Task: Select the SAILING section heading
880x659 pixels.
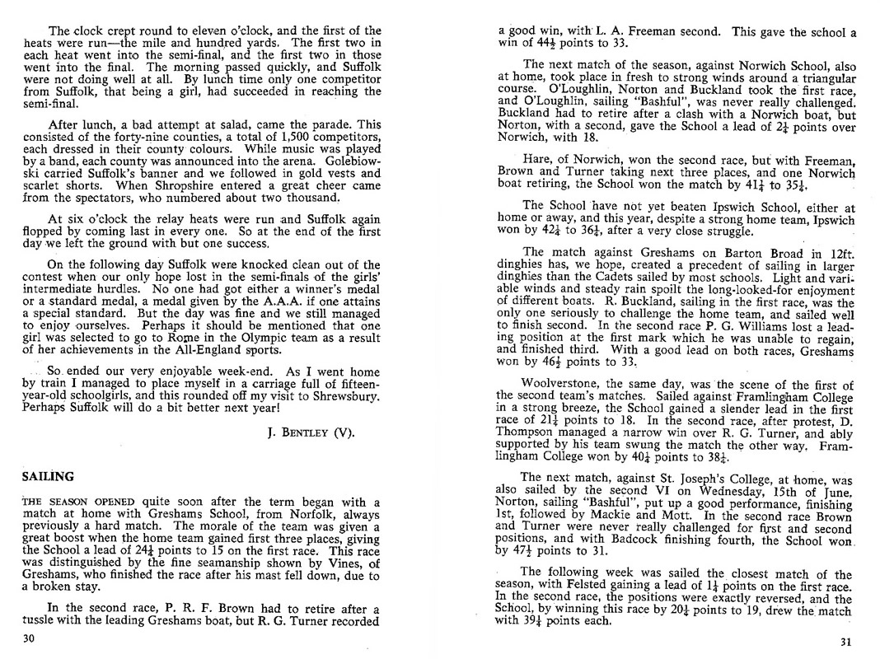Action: (x=49, y=476)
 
